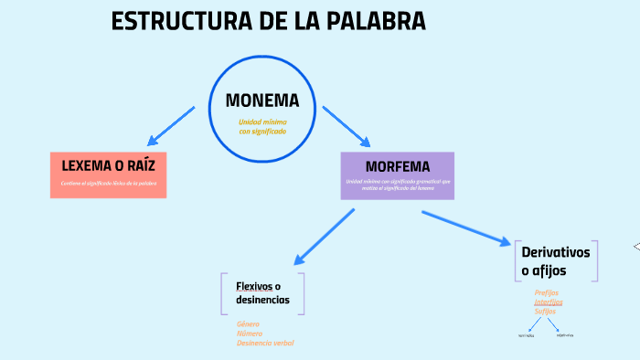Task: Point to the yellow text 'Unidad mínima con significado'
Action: click(x=262, y=126)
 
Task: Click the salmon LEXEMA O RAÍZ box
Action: click(x=109, y=174)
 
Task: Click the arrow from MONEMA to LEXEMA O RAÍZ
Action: click(x=171, y=126)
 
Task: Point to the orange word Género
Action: click(x=248, y=323)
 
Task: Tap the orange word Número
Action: click(x=249, y=334)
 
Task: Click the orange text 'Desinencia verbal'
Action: click(x=265, y=343)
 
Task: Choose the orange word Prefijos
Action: click(x=547, y=292)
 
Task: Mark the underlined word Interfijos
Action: click(x=549, y=302)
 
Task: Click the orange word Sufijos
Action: click(x=545, y=311)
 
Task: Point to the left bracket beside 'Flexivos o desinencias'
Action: click(x=222, y=292)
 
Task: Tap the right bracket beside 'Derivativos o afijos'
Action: click(x=596, y=260)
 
